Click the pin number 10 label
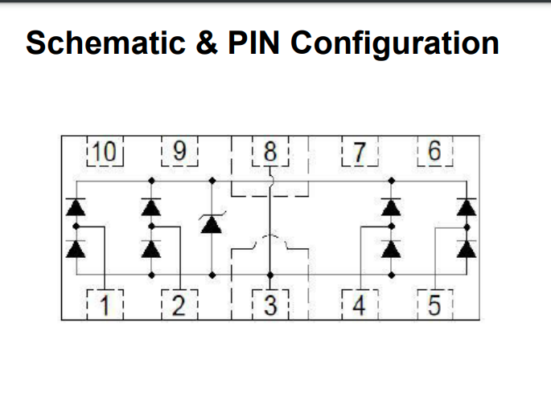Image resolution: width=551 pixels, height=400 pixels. (104, 152)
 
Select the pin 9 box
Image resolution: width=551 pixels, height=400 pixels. (179, 151)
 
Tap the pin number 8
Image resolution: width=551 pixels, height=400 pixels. (270, 152)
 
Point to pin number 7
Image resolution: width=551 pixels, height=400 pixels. (359, 153)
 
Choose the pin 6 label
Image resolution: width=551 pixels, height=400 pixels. (434, 151)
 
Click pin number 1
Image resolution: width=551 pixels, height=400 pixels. (105, 305)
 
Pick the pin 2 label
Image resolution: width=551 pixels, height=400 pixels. (179, 305)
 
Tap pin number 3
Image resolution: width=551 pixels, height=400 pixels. (270, 305)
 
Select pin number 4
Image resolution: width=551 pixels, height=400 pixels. (359, 305)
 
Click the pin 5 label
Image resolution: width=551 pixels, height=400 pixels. (434, 305)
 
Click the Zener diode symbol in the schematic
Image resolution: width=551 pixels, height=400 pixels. (212, 223)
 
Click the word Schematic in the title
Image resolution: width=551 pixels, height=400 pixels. (105, 43)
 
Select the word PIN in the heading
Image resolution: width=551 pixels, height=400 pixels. (253, 43)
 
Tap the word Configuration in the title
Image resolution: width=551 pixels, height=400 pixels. (395, 44)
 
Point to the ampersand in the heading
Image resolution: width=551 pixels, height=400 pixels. (207, 43)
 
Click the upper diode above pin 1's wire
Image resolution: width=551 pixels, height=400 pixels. (76, 207)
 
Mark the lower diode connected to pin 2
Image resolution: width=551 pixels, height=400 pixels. (151, 249)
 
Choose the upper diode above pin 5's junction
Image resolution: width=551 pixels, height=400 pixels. (467, 207)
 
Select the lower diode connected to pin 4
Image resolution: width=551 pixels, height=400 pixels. (391, 249)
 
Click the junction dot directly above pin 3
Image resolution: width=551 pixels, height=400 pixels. (270, 275)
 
